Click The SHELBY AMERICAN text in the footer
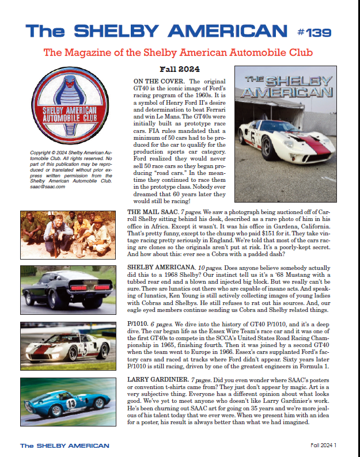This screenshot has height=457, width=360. pos(65,445)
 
